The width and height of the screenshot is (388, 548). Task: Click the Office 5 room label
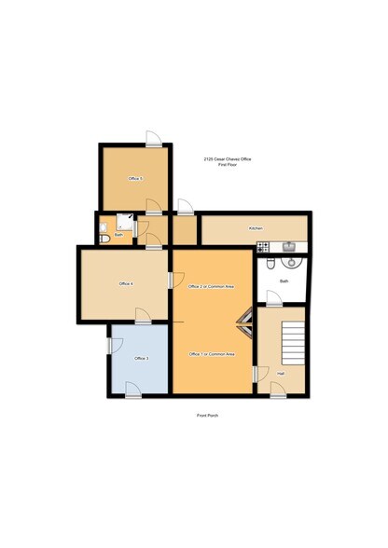135,178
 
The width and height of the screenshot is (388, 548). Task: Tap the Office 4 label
126,283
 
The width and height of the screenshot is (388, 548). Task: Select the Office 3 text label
141,359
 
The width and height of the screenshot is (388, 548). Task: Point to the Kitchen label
255,228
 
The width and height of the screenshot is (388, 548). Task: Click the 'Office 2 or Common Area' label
210,285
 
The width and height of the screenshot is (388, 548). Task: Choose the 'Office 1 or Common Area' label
210,355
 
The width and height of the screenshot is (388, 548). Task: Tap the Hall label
280,374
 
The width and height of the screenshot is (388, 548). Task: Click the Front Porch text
207,416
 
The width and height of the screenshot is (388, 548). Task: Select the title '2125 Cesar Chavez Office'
228,159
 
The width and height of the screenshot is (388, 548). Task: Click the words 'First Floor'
228,165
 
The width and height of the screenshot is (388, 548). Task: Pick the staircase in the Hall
291,343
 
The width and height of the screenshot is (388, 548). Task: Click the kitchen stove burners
263,247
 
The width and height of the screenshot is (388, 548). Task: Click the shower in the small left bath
124,226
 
